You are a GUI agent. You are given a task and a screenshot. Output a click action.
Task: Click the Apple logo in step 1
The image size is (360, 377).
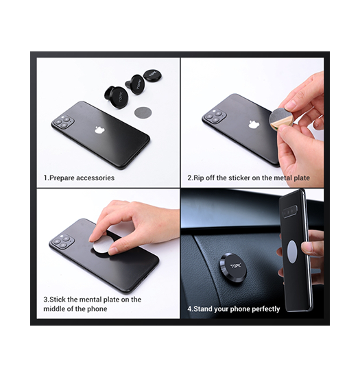pos(100,130)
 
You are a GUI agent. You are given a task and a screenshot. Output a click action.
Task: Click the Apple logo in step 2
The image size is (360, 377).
pos(254,124)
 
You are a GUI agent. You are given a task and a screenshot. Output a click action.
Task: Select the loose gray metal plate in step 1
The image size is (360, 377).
pos(143,112)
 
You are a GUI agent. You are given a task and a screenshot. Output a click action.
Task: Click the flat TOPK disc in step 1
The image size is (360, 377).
pos(152,75)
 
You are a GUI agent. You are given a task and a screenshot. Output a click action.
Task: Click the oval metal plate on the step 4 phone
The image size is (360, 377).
pos(291,252)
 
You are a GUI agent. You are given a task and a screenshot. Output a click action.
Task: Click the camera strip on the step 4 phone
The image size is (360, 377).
pos(290,212)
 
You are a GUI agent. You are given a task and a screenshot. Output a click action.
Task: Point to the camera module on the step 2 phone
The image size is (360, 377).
pos(215,115)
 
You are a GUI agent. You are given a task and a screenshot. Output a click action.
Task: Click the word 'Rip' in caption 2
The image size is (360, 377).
pos(198,178)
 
